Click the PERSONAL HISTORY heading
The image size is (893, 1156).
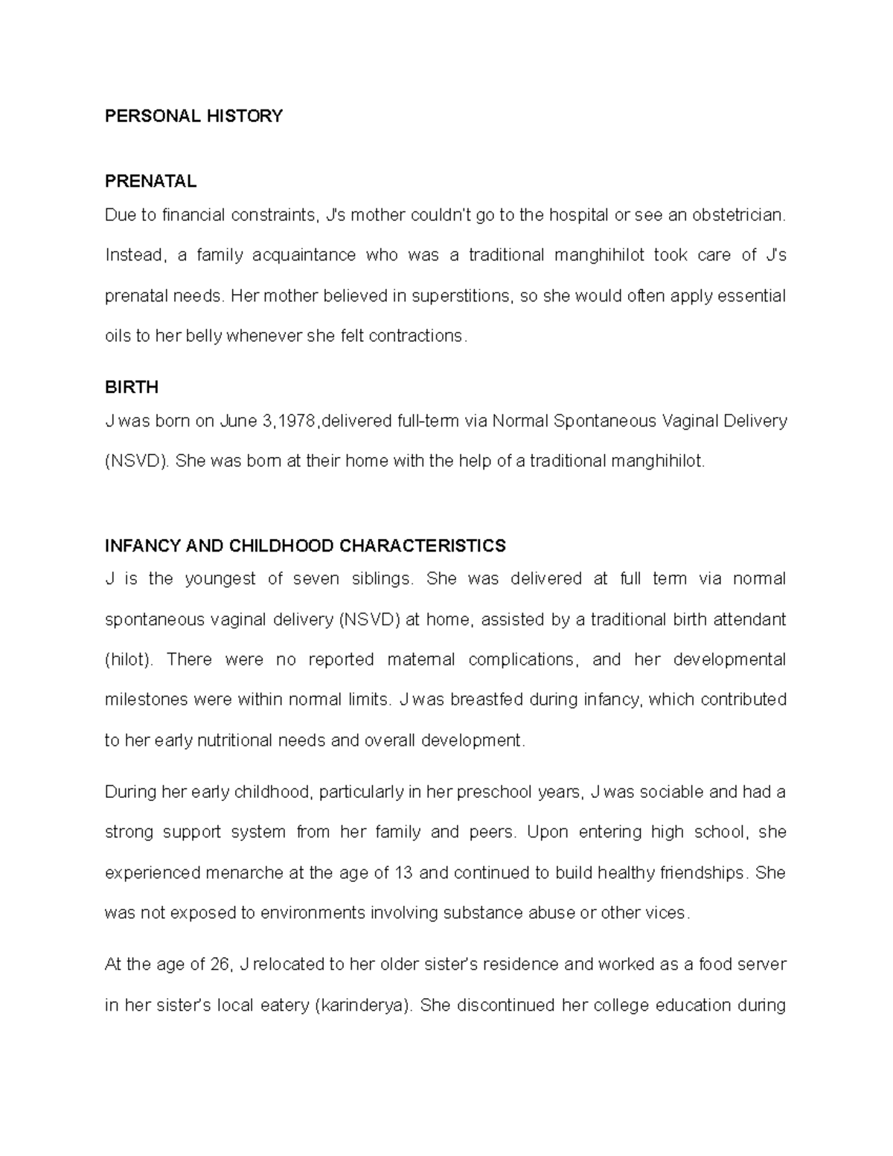[193, 116]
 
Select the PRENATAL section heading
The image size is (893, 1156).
[150, 181]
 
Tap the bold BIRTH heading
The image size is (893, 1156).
[131, 388]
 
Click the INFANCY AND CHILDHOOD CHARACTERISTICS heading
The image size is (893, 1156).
[305, 546]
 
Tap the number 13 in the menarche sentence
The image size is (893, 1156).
[403, 872]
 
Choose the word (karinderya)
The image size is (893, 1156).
[364, 1006]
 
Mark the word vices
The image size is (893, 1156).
[667, 913]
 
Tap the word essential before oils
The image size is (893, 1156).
[750, 296]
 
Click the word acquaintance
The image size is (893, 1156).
[304, 256]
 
